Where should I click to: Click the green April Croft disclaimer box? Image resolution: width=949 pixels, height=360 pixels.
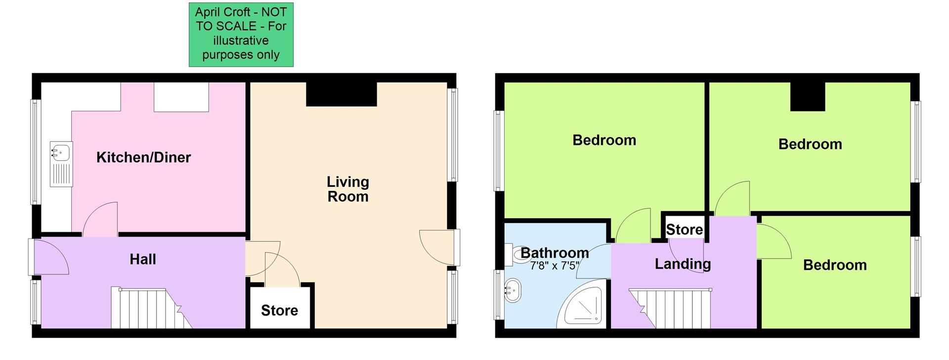coord(241,34)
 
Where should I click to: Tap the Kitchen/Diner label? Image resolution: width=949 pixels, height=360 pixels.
coord(143,158)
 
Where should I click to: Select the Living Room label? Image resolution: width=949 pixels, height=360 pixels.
coord(347,189)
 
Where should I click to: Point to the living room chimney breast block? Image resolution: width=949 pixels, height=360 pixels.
coord(341,94)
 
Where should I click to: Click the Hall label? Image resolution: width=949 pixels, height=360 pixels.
coord(142,259)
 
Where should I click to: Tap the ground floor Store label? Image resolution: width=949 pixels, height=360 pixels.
coord(279,310)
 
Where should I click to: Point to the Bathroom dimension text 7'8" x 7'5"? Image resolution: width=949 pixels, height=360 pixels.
coord(554,266)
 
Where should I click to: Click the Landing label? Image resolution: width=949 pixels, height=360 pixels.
coord(683,264)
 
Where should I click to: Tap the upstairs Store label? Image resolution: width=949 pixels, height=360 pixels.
coord(684,229)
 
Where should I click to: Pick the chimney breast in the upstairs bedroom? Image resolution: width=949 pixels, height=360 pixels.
coord(808,96)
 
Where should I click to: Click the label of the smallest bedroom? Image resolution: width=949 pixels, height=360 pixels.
coord(834,265)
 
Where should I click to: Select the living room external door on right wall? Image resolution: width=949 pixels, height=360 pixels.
coord(437,247)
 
